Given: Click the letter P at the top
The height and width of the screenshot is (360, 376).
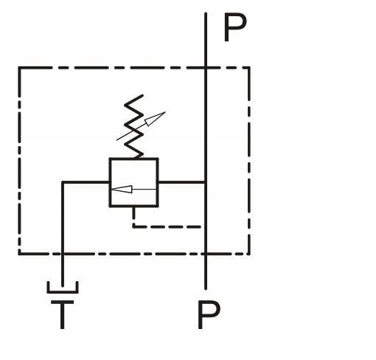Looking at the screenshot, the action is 235,27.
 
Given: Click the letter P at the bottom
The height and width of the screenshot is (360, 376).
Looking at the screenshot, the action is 209,314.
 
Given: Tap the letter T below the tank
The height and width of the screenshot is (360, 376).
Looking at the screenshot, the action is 63,314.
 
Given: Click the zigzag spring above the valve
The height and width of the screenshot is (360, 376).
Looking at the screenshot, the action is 133,126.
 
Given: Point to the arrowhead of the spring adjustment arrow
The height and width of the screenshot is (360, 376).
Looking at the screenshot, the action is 155,119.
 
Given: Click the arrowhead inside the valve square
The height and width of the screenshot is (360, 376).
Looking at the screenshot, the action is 122,189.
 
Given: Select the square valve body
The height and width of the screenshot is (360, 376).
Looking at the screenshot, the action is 133,182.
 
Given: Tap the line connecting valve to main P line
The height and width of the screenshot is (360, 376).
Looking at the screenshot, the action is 182,182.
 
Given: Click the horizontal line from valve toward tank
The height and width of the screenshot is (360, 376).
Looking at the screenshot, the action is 86,182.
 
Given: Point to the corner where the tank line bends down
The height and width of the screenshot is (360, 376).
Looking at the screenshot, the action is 63,182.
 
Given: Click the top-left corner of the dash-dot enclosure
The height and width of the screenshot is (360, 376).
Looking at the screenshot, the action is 20,67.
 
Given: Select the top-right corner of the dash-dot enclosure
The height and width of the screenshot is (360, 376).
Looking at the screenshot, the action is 249,67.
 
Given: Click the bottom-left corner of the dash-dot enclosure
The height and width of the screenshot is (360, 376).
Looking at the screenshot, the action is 20,254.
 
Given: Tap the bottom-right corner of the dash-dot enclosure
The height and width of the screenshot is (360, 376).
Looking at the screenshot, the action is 249,254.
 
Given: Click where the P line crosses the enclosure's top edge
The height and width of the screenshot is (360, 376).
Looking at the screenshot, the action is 206,67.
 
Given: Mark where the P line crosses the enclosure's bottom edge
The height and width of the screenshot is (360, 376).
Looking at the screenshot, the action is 206,254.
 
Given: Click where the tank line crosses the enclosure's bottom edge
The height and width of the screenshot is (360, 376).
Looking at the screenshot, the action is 63,254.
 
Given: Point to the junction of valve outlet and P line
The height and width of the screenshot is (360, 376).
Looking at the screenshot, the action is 206,182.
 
